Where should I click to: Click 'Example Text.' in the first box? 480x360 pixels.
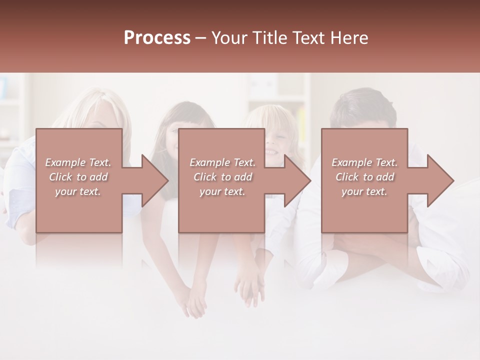78,162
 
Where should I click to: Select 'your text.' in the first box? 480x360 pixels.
78,191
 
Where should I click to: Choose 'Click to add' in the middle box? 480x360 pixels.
222,177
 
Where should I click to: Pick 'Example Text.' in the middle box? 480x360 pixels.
222,162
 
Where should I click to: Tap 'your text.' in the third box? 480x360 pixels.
364,191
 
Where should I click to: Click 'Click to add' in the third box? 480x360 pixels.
364,177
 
